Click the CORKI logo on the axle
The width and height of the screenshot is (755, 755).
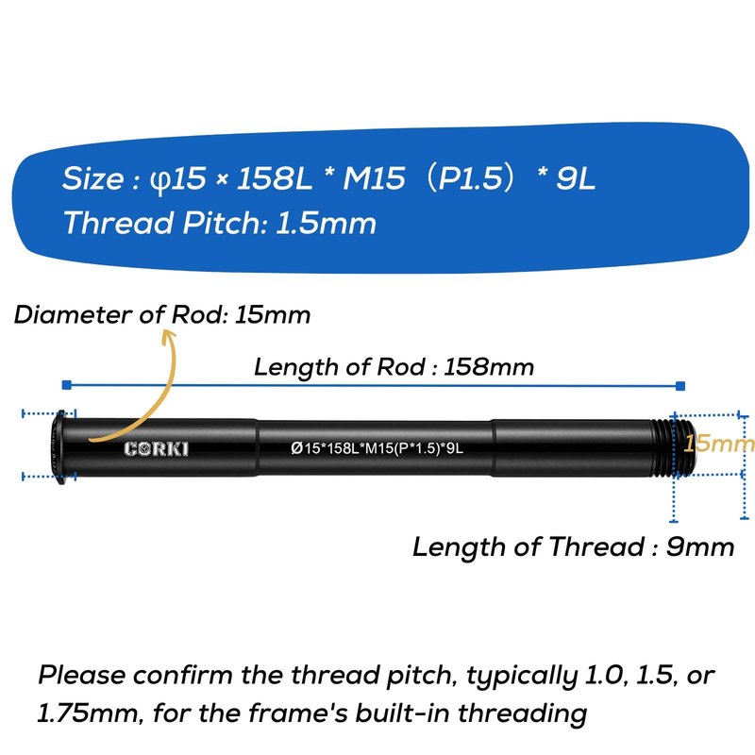pyautogui.click(x=156, y=449)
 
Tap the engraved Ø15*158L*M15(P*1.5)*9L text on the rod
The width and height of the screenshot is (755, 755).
pyautogui.click(x=377, y=448)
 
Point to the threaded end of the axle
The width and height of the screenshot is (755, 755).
pyautogui.click(x=673, y=447)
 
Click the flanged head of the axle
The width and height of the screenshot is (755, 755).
pyautogui.click(x=59, y=447)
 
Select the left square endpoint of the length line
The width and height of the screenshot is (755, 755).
pyautogui.click(x=67, y=384)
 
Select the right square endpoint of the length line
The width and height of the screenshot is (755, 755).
pyautogui.click(x=679, y=386)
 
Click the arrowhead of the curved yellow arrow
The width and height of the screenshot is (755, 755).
pyautogui.click(x=169, y=336)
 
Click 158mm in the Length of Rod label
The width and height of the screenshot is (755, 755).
pyautogui.click(x=488, y=367)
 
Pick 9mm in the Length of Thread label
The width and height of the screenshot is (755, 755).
pyautogui.click(x=700, y=547)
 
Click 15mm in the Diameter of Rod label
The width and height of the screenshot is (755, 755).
pyautogui.click(x=273, y=315)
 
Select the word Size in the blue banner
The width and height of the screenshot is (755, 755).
pyautogui.click(x=93, y=178)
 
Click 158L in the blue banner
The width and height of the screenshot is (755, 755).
pyautogui.click(x=275, y=178)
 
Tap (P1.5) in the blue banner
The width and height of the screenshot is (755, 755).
pyautogui.click(x=470, y=178)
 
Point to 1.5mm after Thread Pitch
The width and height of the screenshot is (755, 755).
pyautogui.click(x=326, y=224)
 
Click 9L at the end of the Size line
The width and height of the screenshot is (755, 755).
pyautogui.click(x=576, y=178)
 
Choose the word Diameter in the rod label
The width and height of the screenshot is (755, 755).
pyautogui.click(x=73, y=315)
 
